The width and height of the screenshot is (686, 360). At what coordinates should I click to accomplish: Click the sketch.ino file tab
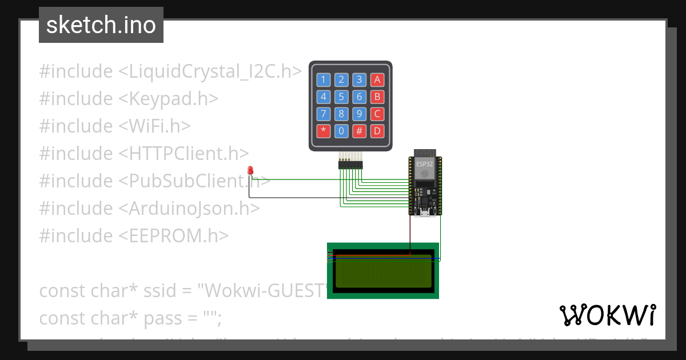tap(101, 25)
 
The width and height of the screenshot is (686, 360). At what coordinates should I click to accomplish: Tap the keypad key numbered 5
tap(341, 97)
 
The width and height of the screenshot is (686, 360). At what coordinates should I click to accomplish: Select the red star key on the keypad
tap(324, 131)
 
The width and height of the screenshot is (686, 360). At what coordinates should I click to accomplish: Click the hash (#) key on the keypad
tap(359, 131)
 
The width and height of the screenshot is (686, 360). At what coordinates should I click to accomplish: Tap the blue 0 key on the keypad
tap(341, 131)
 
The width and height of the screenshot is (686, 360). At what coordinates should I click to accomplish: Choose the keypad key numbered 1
tap(324, 79)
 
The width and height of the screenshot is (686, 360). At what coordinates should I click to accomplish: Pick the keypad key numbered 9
tap(359, 114)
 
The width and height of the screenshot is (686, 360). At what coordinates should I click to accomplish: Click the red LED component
tap(250, 170)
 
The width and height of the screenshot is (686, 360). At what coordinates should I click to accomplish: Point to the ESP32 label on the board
tap(424, 164)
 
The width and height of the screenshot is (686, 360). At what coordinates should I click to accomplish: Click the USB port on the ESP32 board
tap(425, 213)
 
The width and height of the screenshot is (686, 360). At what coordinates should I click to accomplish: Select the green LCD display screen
tap(382, 271)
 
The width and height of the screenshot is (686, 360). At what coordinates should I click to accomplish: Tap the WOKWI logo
tap(607, 315)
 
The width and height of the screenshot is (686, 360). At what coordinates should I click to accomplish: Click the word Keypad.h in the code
tap(169, 98)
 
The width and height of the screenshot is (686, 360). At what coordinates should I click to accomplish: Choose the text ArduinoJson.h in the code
tap(189, 208)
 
